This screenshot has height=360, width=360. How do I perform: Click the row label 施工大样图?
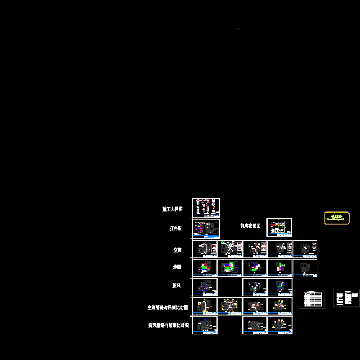point(172,209)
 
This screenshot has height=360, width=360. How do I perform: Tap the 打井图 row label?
point(175,229)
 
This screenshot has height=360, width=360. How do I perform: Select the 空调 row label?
point(177,250)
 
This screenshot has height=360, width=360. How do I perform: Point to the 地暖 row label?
point(177,267)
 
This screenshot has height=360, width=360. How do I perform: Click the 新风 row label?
point(176,286)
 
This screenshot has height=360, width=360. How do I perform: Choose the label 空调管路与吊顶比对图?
point(167,308)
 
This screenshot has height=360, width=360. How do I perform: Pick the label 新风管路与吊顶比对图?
point(168,325)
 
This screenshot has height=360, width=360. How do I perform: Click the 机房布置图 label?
point(250,226)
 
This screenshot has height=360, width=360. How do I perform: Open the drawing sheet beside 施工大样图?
point(206,208)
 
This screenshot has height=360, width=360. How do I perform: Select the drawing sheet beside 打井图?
point(206,229)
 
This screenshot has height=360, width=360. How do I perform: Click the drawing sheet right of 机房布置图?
point(279,227)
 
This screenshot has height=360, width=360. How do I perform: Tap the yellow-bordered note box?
point(337,218)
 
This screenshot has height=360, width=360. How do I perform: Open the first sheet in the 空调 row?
point(205,249)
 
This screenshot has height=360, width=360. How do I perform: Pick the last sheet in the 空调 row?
point(306,249)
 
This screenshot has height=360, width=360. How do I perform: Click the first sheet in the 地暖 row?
point(205,268)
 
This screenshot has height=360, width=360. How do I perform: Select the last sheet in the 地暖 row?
point(306,268)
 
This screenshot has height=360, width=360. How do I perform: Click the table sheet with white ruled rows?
point(312,299)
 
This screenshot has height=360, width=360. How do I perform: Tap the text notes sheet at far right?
point(346,298)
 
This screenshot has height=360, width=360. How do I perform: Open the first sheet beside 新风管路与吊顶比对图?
point(205,325)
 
